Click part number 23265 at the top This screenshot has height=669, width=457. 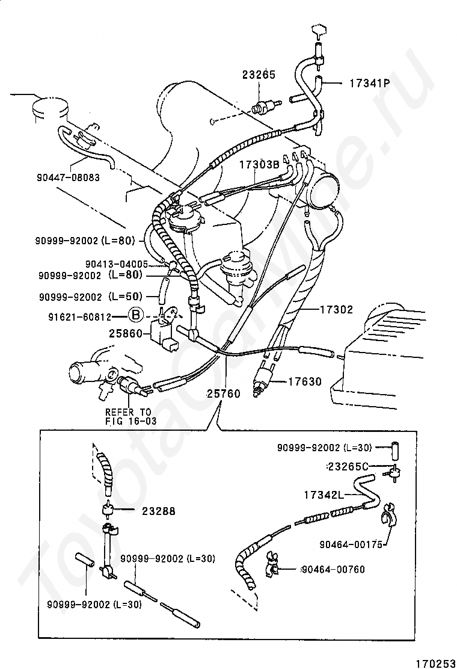click(259, 75)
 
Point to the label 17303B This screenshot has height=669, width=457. click(259, 164)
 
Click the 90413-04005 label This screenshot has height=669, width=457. click(116, 264)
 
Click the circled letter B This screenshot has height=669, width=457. click(136, 315)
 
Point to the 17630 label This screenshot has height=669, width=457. click(304, 381)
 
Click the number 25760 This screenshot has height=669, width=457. click(223, 394)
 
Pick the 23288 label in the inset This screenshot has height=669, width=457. click(159, 511)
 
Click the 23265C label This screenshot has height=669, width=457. click(348, 466)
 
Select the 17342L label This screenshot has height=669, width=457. click(324, 495)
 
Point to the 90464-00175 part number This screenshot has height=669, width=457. click(351, 545)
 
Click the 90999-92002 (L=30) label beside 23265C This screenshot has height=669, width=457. click(325, 448)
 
